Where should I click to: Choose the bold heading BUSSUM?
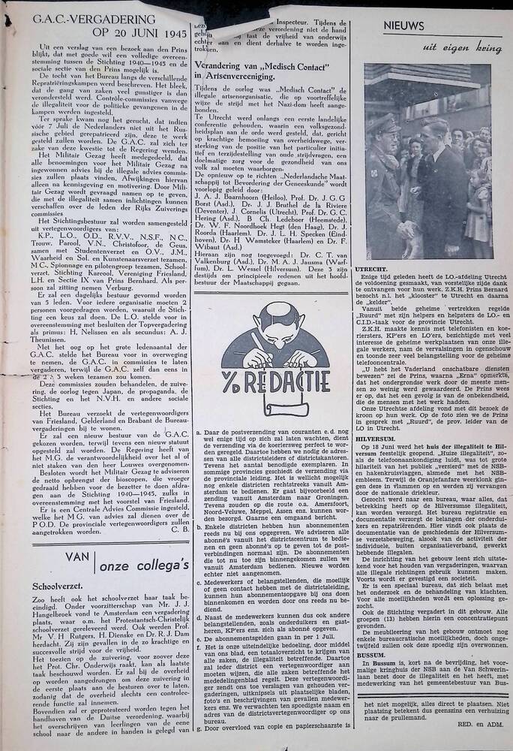coord(379,653)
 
